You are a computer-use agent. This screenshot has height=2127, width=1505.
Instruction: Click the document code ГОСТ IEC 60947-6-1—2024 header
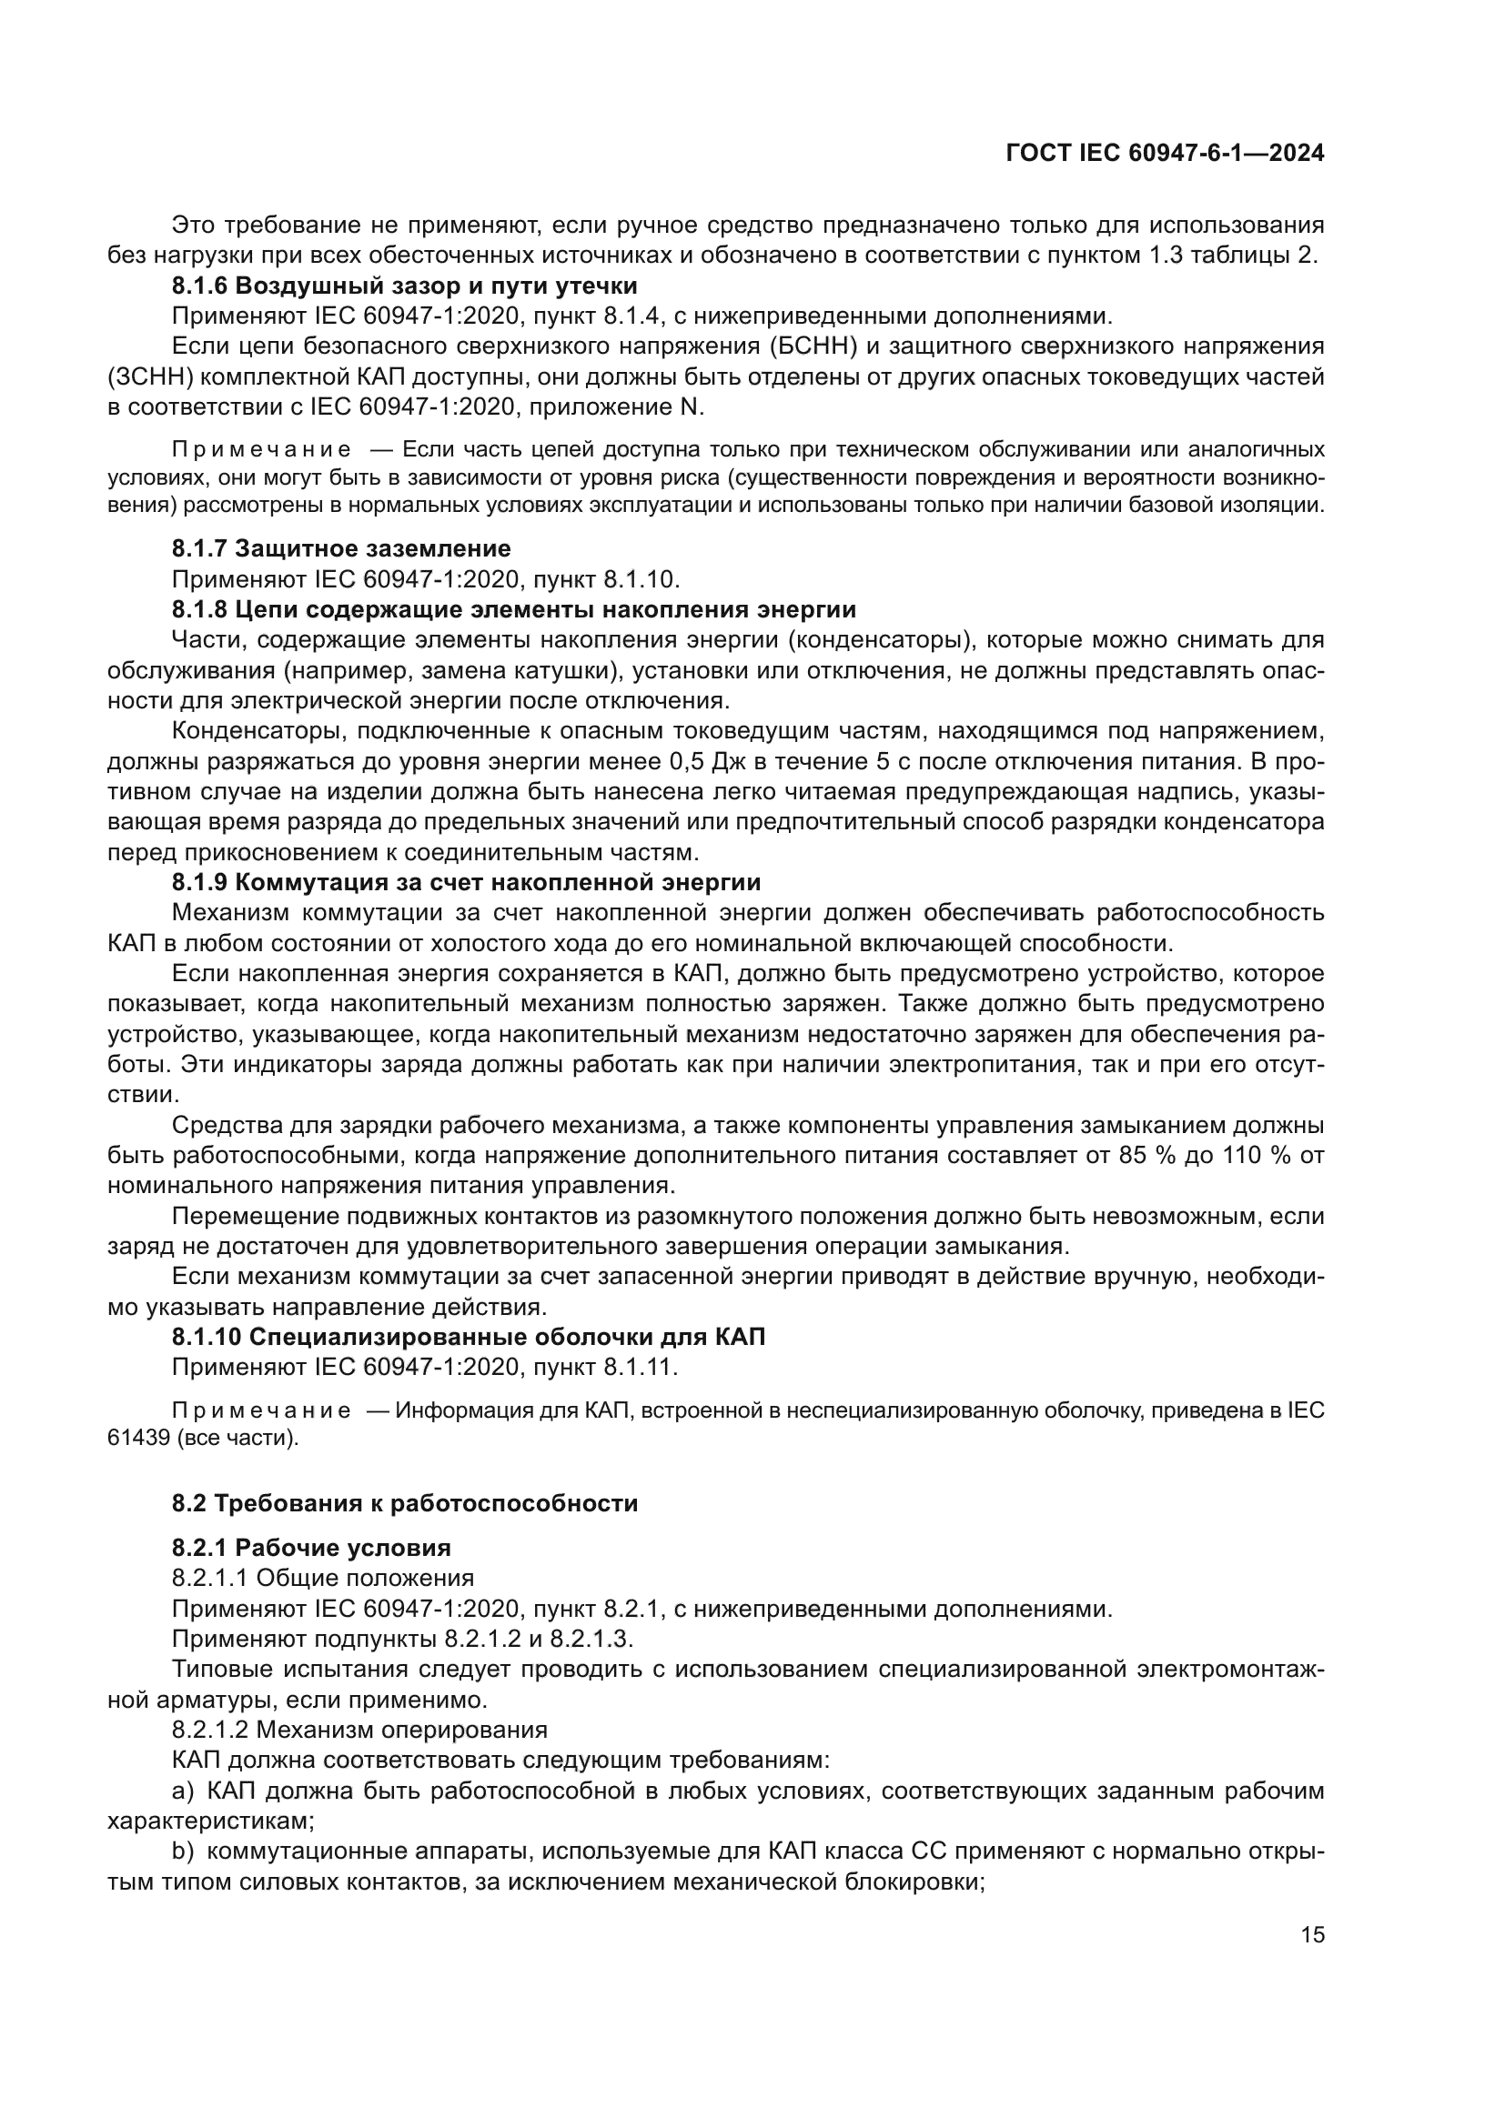tap(1164, 154)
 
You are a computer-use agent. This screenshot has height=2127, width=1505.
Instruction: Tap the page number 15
tap(1312, 1934)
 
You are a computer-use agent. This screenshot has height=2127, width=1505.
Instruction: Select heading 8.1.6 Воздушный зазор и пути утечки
tap(404, 286)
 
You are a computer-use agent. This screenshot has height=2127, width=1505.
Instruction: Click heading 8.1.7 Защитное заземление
tap(341, 548)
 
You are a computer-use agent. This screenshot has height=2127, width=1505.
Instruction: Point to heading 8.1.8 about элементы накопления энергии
tap(513, 609)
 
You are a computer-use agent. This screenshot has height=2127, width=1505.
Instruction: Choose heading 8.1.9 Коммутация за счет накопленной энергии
tap(466, 882)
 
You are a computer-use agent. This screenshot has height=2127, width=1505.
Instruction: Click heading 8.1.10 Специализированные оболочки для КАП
tap(469, 1337)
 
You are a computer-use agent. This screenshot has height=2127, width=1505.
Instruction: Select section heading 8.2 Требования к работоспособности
tap(405, 1502)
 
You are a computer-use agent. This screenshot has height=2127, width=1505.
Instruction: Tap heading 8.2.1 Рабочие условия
tap(311, 1548)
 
